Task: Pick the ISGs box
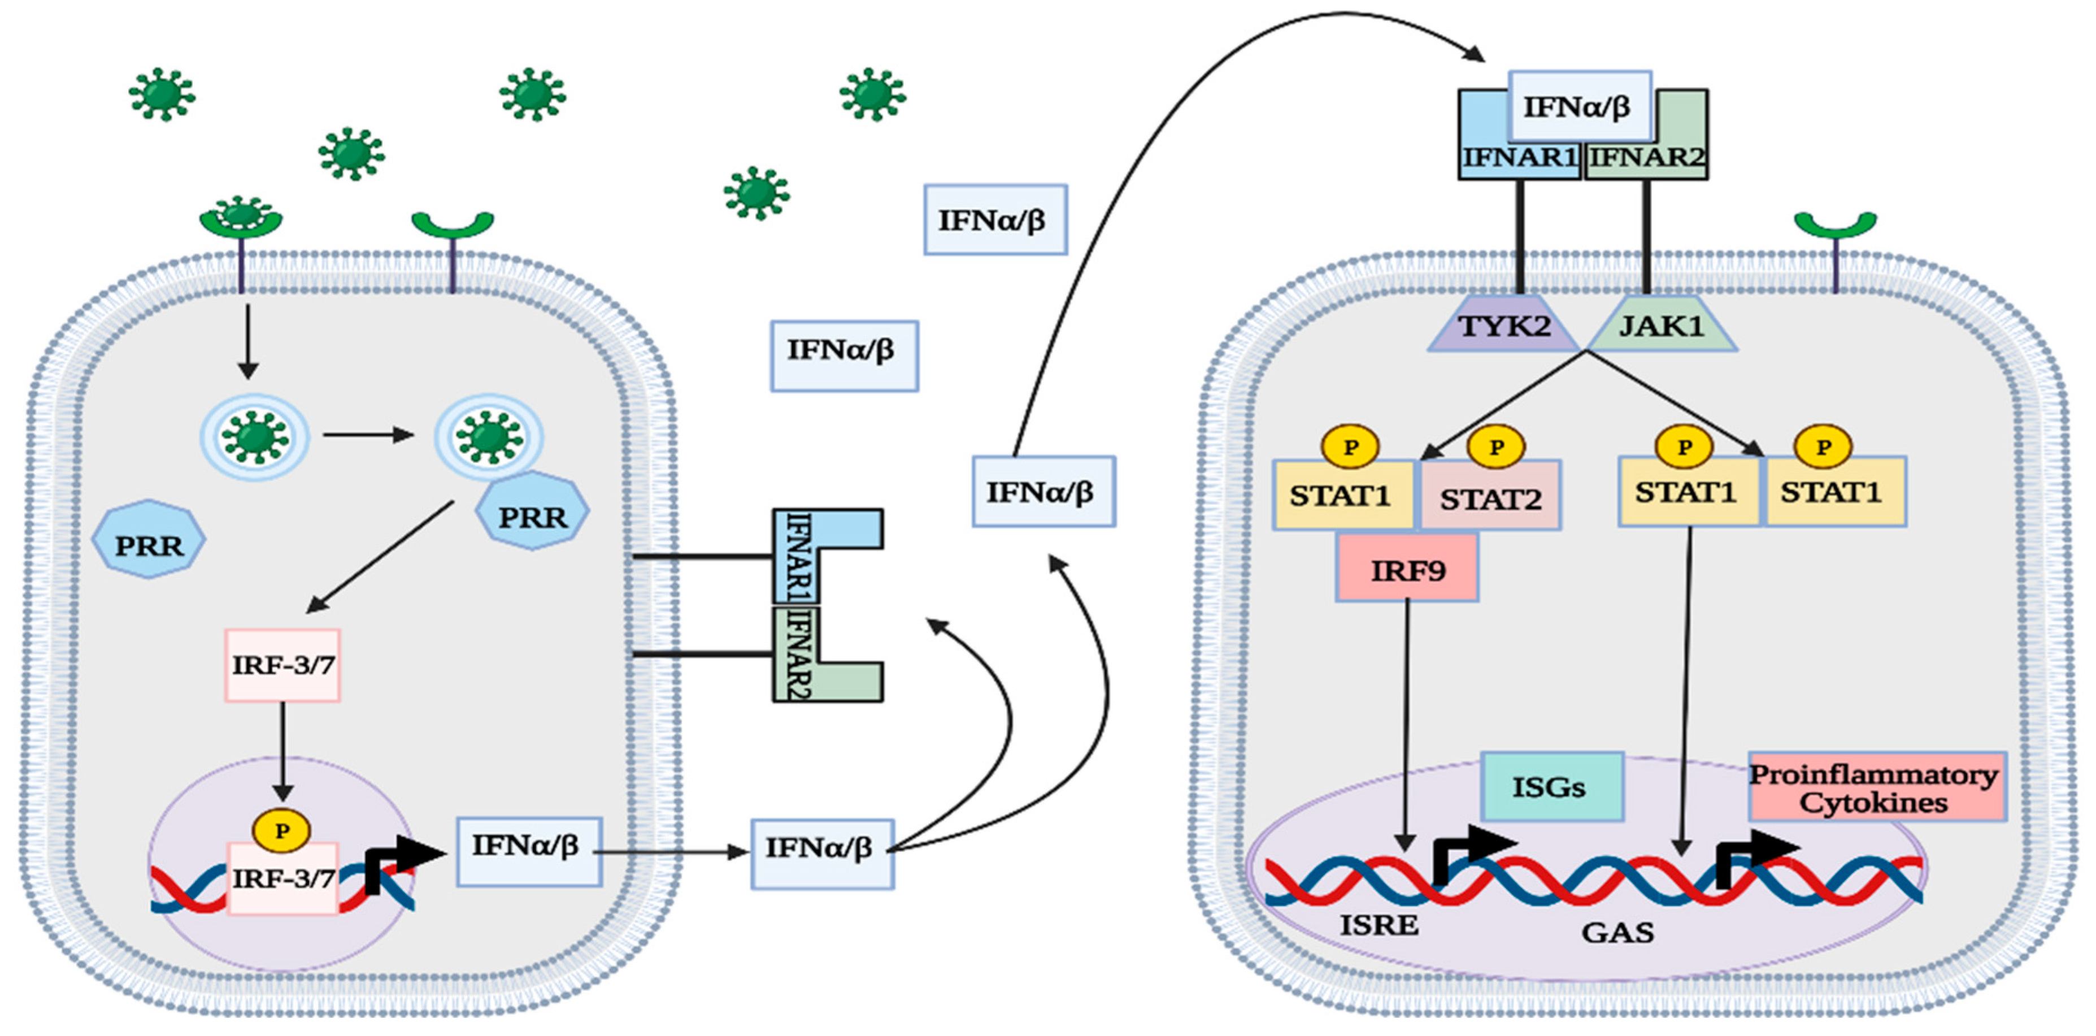(1551, 786)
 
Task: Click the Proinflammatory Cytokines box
(1876, 787)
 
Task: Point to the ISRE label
(1379, 925)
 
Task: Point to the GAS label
(1617, 932)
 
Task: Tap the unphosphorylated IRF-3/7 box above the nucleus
(282, 665)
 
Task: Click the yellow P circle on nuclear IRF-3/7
(281, 830)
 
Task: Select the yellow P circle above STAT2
(1495, 447)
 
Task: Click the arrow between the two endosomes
(368, 435)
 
